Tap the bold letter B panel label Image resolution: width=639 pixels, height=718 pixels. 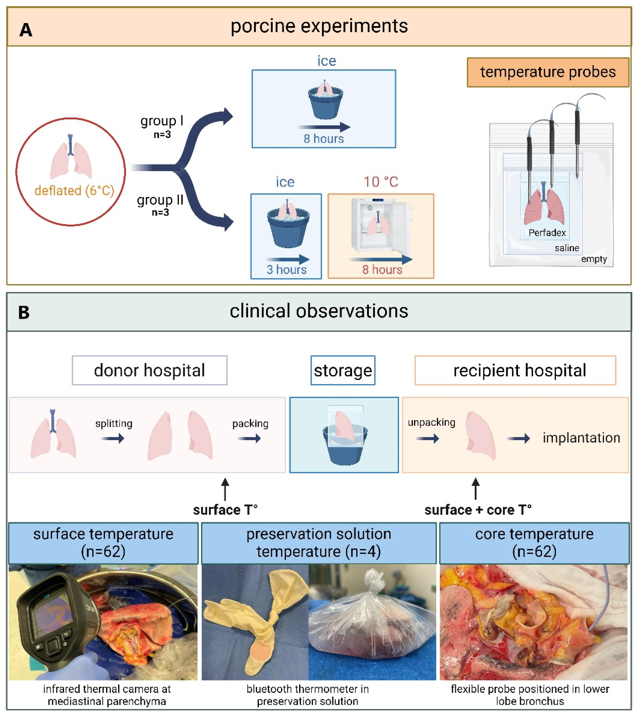[24, 312]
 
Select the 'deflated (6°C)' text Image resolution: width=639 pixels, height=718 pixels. [74, 191]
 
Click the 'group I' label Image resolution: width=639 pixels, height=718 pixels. [162, 121]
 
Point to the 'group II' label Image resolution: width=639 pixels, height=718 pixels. [160, 200]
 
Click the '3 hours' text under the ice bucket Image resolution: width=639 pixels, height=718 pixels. [286, 270]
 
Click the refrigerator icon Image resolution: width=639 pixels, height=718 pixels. [381, 225]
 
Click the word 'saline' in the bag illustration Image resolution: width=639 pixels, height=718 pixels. [567, 248]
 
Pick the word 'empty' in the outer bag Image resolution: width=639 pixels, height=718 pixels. [594, 259]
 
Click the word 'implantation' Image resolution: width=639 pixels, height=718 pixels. [581, 438]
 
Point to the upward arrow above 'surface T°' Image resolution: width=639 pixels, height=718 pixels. [225, 489]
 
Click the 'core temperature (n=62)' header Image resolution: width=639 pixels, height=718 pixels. [534, 543]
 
